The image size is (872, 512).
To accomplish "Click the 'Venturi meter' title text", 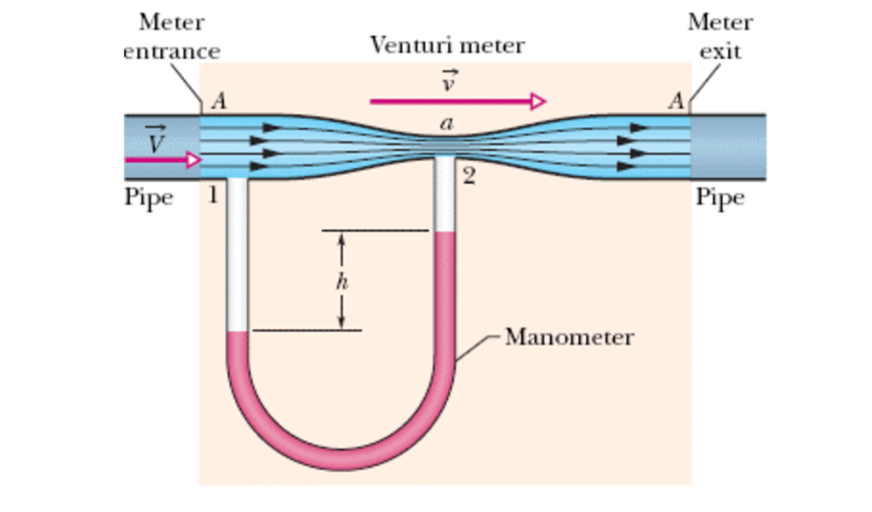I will [x=447, y=45].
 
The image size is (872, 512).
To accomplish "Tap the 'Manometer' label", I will [x=569, y=337].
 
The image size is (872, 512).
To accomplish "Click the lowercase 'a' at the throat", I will [x=446, y=124].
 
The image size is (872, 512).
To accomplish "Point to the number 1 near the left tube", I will [x=213, y=197].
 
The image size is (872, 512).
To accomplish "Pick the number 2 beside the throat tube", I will [x=468, y=177].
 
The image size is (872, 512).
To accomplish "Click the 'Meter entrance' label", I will [x=172, y=36].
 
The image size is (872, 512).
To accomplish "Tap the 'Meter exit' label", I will [x=720, y=36].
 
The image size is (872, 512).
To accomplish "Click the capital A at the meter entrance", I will [x=219, y=102].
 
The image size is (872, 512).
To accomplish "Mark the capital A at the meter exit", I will [x=676, y=102].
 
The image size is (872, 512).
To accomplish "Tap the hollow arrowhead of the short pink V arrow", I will [x=194, y=159].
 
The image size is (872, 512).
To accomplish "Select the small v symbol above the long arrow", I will [x=447, y=82].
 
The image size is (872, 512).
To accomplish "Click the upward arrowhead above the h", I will [x=341, y=241].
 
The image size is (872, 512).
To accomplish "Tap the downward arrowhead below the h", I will [x=341, y=321].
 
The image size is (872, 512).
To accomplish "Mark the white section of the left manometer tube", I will [x=238, y=256].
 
